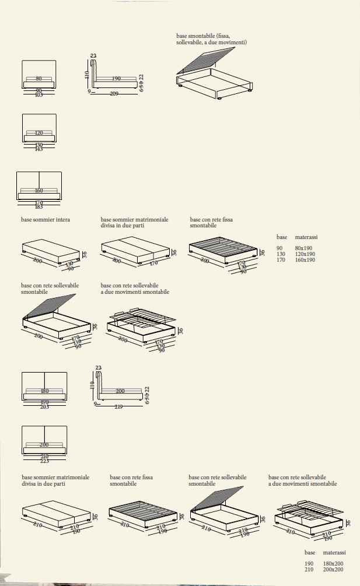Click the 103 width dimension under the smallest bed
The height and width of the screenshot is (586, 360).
point(39,94)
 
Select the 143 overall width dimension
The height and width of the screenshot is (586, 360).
point(39,149)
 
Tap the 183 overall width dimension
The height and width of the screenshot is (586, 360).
point(39,207)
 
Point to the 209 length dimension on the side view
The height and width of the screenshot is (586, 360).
point(114,93)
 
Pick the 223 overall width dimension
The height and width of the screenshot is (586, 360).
point(44,461)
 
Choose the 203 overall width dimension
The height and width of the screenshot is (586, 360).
point(44,406)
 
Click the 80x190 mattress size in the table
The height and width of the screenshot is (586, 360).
point(303,248)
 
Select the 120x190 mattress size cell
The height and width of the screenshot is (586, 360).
point(305,254)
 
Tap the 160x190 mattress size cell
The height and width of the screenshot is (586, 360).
point(305,259)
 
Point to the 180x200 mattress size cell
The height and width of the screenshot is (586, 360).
point(333,564)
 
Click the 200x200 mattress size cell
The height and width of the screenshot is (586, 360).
point(333,570)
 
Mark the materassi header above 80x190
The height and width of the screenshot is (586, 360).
point(306,237)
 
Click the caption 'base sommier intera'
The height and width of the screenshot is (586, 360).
point(46,220)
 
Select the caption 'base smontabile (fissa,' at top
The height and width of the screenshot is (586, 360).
point(204,36)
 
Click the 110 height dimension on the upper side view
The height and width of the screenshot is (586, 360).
point(87,75)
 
